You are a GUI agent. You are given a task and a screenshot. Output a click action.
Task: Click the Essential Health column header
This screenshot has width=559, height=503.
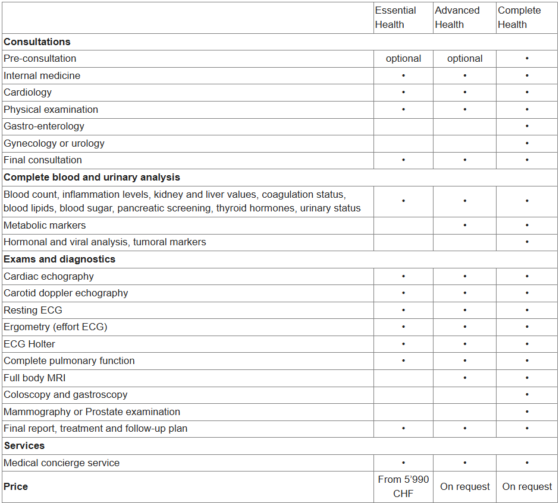(395, 18)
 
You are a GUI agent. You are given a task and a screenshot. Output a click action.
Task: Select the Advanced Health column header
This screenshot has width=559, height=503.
(457, 18)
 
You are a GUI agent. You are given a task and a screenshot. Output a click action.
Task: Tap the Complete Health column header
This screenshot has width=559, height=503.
(519, 18)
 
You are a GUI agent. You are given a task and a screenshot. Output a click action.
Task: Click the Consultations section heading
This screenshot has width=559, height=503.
(37, 42)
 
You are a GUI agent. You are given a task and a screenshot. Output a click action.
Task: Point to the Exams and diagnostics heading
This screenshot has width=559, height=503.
(59, 259)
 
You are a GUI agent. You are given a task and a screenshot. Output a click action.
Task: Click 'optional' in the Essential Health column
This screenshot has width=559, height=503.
(403, 58)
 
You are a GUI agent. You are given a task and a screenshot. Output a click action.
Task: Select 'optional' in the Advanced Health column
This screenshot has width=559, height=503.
(464, 58)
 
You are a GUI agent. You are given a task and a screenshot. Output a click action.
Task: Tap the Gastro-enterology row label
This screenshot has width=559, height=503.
(44, 126)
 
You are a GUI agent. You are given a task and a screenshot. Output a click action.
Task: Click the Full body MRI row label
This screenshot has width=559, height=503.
(34, 378)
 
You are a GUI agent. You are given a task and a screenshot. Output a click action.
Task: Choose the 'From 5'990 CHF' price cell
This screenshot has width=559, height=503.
(403, 486)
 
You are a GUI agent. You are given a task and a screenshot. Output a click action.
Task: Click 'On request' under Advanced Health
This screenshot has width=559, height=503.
(464, 486)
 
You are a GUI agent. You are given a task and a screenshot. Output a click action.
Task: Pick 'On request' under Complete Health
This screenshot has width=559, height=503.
(527, 486)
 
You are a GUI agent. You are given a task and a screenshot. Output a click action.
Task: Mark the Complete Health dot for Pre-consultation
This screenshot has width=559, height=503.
(527, 59)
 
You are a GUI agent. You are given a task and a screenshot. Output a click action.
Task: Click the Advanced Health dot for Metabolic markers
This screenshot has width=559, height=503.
(464, 226)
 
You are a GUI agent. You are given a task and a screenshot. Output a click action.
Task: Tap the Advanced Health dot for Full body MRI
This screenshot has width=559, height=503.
(464, 378)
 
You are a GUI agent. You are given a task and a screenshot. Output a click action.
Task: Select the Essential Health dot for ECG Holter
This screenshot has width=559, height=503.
(403, 344)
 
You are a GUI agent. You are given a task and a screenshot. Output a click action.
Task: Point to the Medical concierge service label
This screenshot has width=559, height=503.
(61, 463)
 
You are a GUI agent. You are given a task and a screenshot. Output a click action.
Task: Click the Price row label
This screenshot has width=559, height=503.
(15, 486)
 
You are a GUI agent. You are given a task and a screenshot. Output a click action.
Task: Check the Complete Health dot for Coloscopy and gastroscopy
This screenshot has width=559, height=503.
(527, 395)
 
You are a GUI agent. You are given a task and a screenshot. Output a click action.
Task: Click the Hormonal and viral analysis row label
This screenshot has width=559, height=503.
(105, 242)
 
